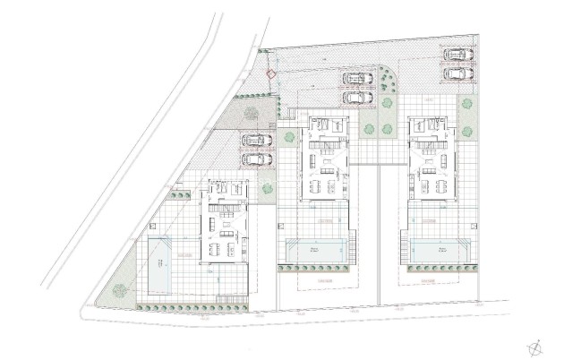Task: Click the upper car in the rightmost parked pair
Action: coord(458,55)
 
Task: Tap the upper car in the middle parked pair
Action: coord(357,78)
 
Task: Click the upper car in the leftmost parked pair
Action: coord(256,141)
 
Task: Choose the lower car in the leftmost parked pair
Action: coord(256,159)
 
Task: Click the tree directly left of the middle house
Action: coord(289,138)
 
